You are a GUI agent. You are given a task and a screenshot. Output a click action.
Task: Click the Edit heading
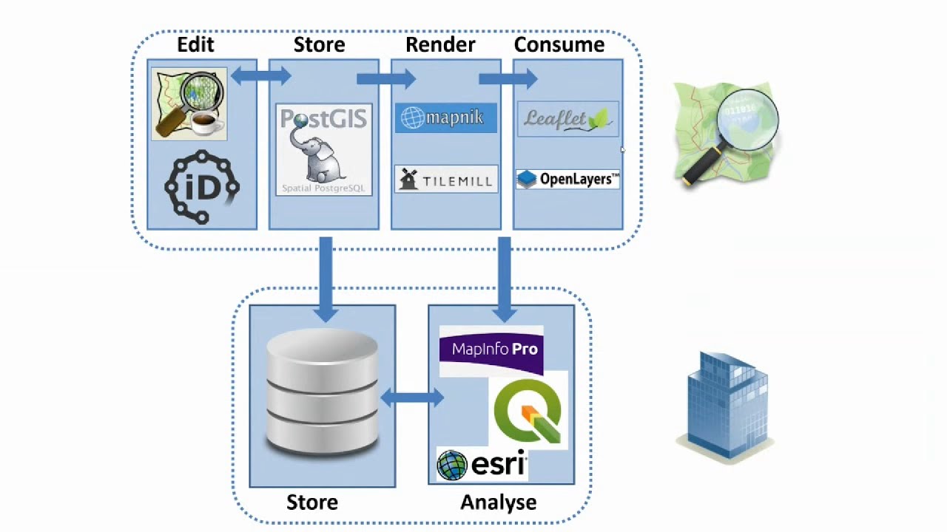tap(195, 45)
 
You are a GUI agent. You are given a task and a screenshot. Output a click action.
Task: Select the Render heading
tap(440, 45)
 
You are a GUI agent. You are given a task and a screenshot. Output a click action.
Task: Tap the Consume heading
tap(559, 45)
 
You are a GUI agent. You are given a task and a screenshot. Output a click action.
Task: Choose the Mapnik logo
tap(445, 118)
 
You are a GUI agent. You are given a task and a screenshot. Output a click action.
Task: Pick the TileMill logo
tap(445, 180)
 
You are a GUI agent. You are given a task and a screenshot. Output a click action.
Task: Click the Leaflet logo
tap(567, 119)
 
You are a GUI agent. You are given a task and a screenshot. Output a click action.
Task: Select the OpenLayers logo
tap(567, 180)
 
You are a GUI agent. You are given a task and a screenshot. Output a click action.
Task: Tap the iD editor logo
tap(202, 188)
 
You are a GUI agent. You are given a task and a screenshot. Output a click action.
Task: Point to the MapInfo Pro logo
tap(491, 349)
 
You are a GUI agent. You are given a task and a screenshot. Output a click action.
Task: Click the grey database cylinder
tap(322, 392)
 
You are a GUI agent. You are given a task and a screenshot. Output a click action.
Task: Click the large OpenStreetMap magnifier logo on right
tap(725, 133)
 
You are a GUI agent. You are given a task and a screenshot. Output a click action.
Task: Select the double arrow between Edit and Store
tap(260, 75)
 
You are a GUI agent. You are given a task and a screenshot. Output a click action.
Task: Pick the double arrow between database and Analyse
tap(412, 398)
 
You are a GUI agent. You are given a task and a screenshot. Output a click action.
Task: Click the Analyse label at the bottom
tap(498, 502)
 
